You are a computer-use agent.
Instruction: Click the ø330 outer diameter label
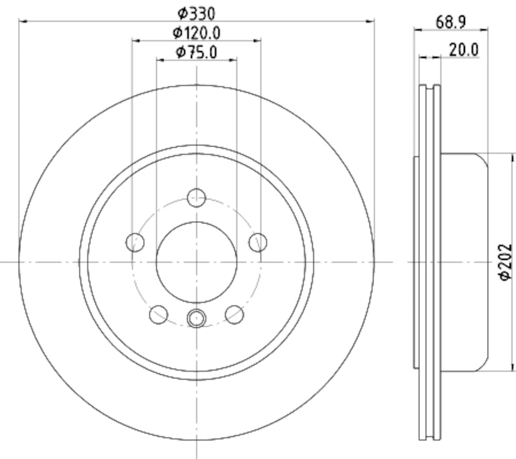click(x=196, y=12)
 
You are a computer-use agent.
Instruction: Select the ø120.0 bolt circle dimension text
click(x=196, y=32)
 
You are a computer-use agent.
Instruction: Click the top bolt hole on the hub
click(x=196, y=197)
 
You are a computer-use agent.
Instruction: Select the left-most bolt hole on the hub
click(x=135, y=242)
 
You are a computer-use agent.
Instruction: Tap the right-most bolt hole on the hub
click(x=257, y=242)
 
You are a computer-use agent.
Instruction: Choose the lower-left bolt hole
click(x=158, y=314)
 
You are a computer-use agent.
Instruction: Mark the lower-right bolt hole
click(x=234, y=314)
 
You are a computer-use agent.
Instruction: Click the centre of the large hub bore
click(x=196, y=261)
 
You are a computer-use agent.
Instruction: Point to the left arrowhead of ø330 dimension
click(x=23, y=21)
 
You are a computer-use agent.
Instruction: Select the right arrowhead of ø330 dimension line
click(x=370, y=21)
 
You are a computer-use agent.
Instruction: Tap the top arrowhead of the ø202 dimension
click(x=513, y=157)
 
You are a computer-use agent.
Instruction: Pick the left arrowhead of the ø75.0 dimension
click(x=160, y=60)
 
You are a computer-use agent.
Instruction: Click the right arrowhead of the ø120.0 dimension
click(x=257, y=40)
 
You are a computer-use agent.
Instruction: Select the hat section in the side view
click(x=464, y=261)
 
